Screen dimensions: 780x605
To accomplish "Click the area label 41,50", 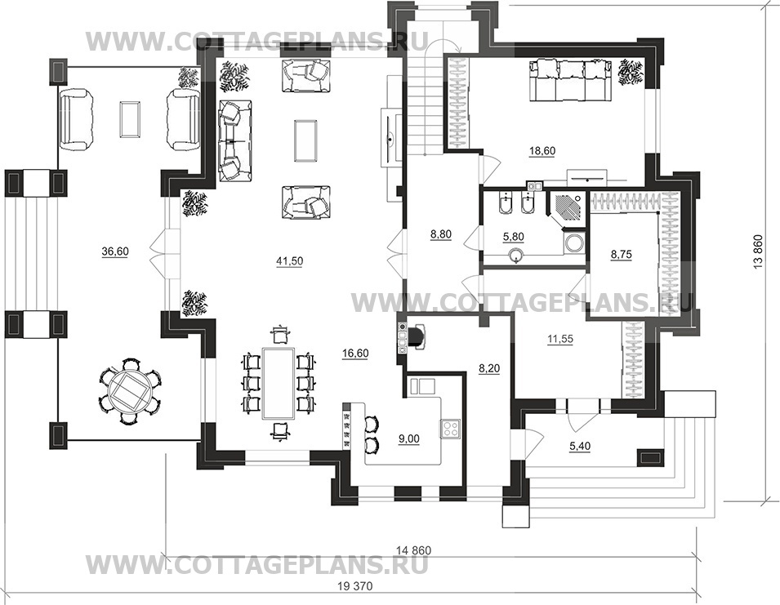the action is point(288,260).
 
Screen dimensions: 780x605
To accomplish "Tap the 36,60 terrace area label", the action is point(115,251).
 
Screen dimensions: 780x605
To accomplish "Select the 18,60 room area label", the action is point(542,150).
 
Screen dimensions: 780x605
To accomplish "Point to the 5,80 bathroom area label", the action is point(514,237).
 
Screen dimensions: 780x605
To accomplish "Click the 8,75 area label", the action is point(622,254).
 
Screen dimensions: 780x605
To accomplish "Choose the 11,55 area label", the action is point(560,339).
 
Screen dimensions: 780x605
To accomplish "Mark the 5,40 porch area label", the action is point(580,446).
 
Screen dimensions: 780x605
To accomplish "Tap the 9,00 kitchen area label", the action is point(409,438).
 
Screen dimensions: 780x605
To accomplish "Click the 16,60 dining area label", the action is point(355,353).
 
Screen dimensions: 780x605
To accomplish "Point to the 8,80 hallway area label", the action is point(441,234).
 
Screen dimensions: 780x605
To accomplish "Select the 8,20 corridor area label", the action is point(489,368).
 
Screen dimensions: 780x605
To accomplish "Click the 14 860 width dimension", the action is point(414,550).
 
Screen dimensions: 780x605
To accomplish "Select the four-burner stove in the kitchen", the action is point(450,429).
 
